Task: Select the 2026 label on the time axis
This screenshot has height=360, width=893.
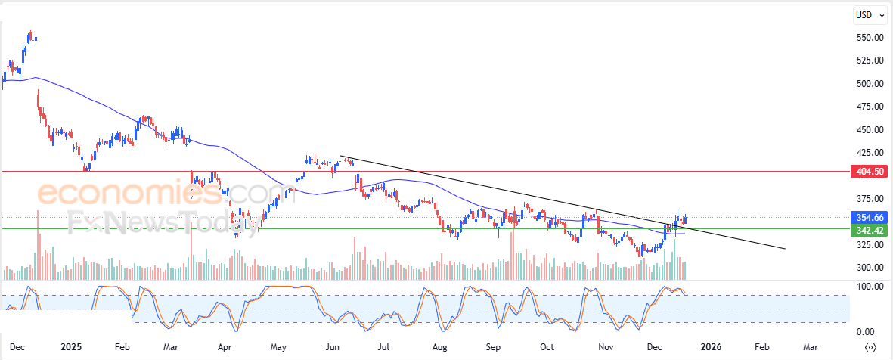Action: tap(710, 347)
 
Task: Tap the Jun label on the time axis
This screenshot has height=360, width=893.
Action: tap(331, 347)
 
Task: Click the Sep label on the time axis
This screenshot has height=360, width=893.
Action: tap(493, 347)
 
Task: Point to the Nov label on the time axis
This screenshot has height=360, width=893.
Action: tap(605, 347)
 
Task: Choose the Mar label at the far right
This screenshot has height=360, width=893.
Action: tap(810, 347)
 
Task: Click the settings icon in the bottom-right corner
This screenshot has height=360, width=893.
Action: tap(870, 347)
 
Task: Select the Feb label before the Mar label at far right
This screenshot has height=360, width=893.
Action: tap(761, 347)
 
